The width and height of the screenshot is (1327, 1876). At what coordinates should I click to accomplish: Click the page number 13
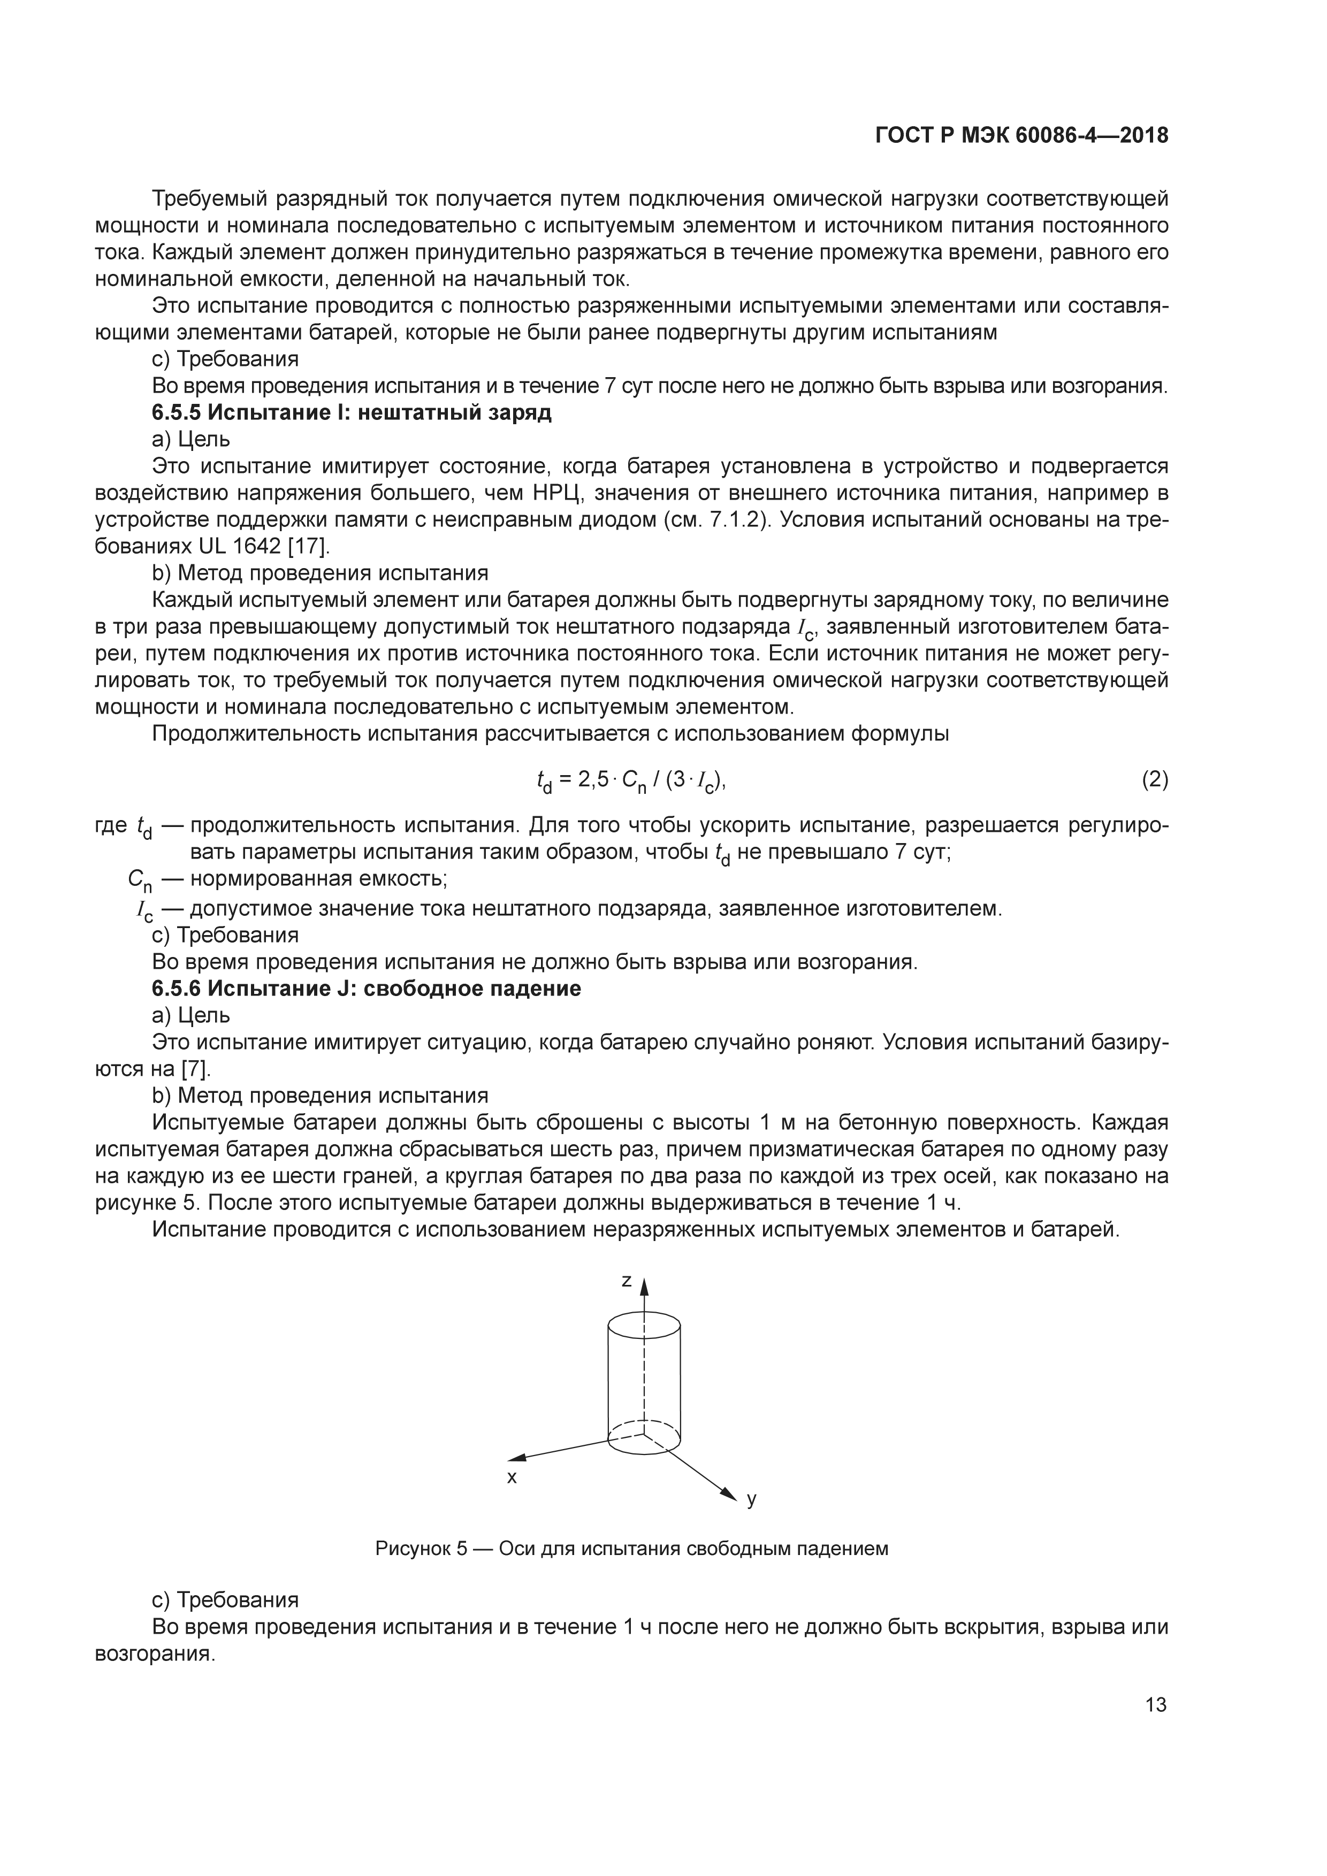tap(1155, 1704)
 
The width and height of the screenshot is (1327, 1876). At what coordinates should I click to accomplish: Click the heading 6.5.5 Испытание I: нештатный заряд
tap(352, 412)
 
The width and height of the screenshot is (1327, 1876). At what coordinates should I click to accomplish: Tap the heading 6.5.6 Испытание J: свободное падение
tap(366, 988)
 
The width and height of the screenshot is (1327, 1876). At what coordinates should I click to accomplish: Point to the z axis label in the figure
tap(626, 1280)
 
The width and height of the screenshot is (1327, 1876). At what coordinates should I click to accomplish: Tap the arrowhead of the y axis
tap(730, 1493)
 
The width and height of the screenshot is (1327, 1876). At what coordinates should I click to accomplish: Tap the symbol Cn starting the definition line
tap(140, 880)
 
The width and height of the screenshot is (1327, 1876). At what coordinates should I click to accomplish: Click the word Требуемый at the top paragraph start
tap(210, 198)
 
